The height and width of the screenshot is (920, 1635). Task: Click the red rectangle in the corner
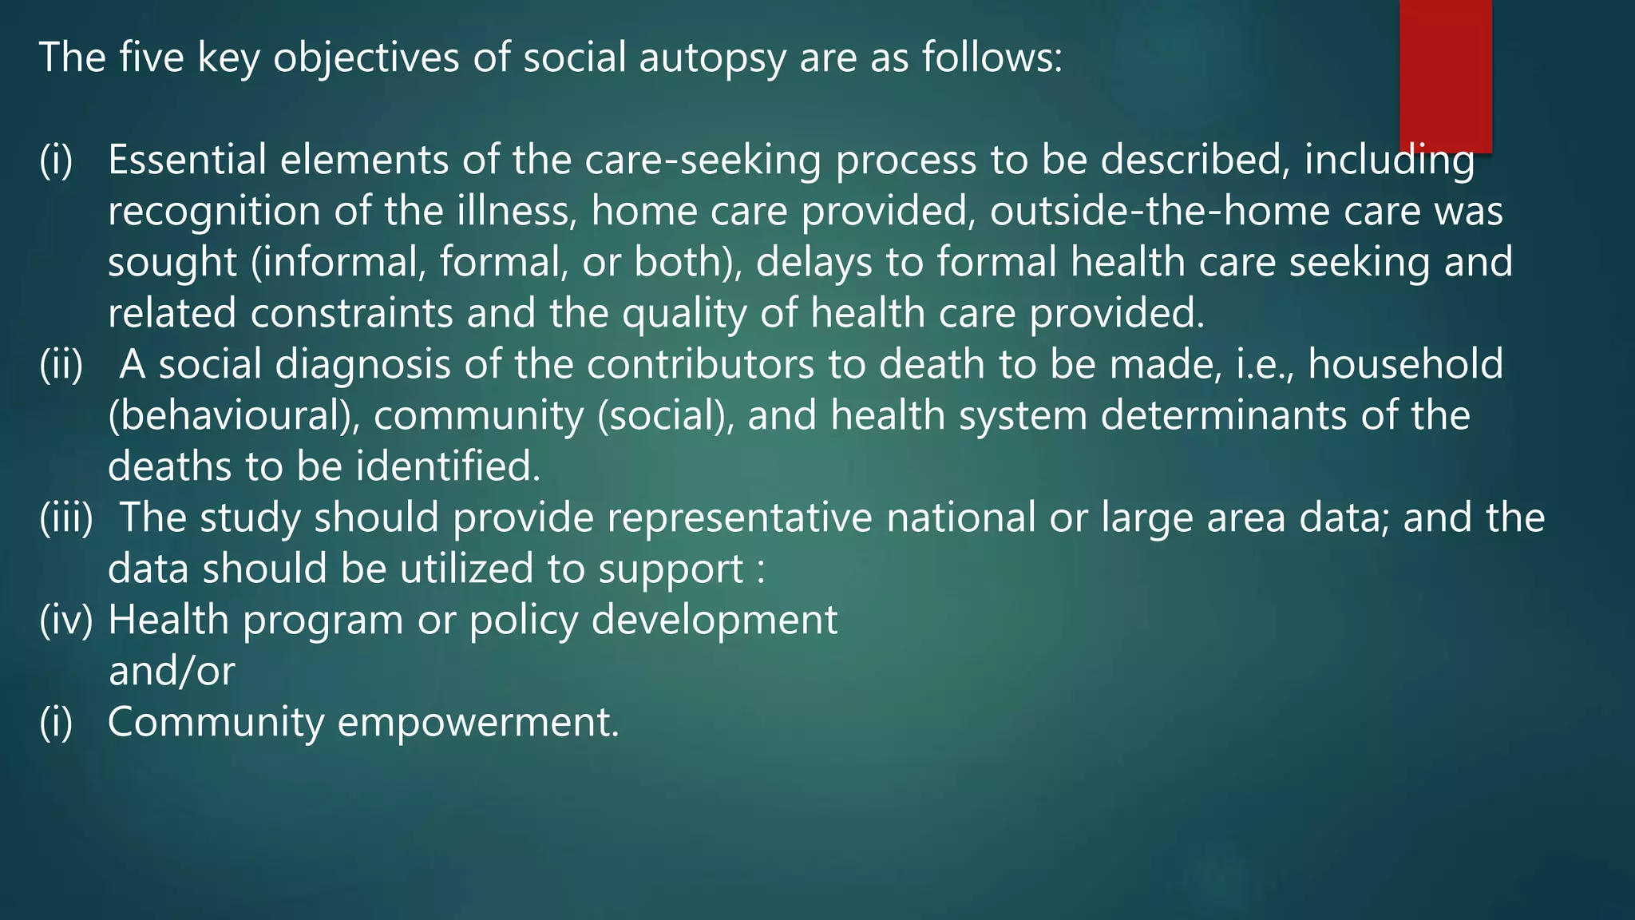1445,76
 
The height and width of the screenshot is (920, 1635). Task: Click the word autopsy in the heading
712,58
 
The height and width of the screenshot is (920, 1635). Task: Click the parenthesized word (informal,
338,263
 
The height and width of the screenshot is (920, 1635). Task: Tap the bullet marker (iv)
65,621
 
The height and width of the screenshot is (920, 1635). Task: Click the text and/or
172,671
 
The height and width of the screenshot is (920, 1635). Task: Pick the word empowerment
478,722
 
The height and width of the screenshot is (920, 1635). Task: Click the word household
1405,364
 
